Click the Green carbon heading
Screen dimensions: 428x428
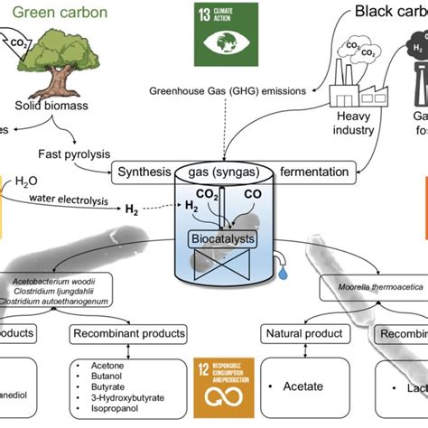pos(57,12)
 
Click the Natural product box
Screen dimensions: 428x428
pos(295,334)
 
